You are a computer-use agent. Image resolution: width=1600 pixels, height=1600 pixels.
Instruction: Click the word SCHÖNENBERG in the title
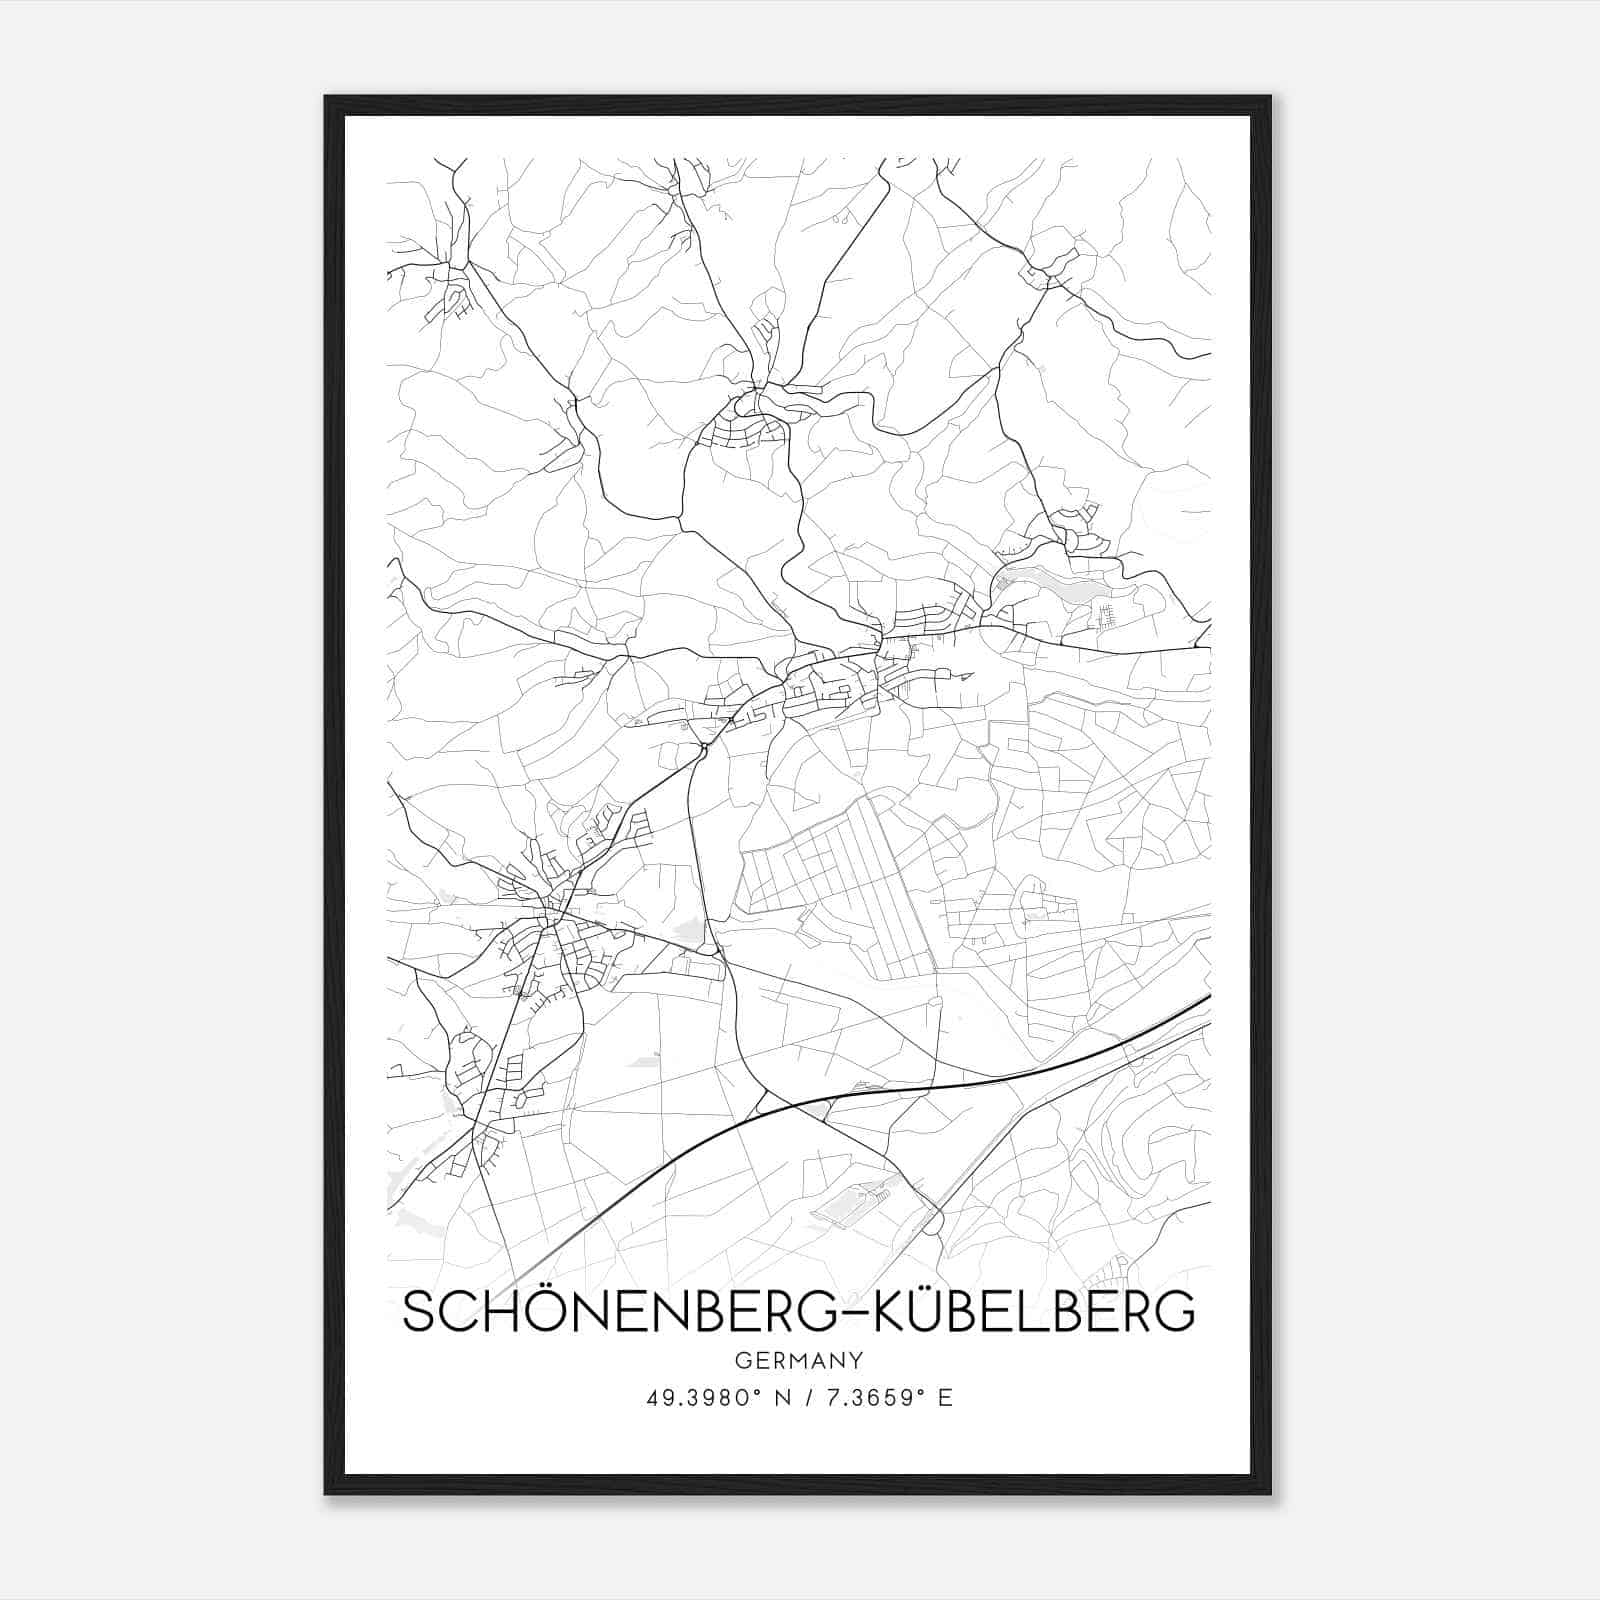click(x=616, y=1312)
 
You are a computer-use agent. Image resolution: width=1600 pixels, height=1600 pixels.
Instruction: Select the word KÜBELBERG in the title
click(x=1035, y=1312)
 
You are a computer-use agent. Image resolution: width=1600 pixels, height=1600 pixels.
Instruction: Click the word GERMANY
click(x=798, y=1361)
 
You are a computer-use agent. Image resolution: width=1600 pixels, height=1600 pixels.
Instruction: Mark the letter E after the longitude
click(x=945, y=1398)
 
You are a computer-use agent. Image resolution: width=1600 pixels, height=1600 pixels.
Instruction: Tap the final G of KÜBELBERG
click(x=1178, y=1313)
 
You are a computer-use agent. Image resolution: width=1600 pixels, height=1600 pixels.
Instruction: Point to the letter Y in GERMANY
click(x=856, y=1361)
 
